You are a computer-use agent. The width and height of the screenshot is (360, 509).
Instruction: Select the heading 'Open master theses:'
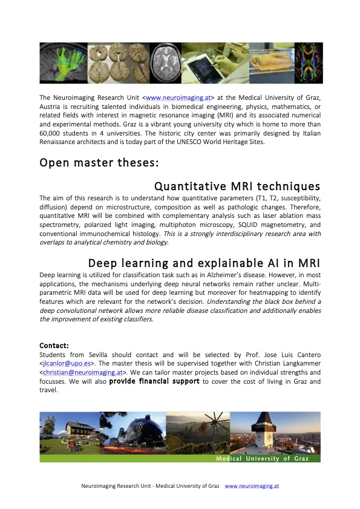(83, 163)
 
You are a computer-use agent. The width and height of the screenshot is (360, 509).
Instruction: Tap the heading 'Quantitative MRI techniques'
(237, 186)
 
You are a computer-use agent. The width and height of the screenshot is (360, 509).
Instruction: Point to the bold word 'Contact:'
(54, 346)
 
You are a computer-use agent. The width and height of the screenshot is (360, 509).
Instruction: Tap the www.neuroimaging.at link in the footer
(252, 485)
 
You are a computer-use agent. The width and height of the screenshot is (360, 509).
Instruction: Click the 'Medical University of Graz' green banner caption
(263, 459)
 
